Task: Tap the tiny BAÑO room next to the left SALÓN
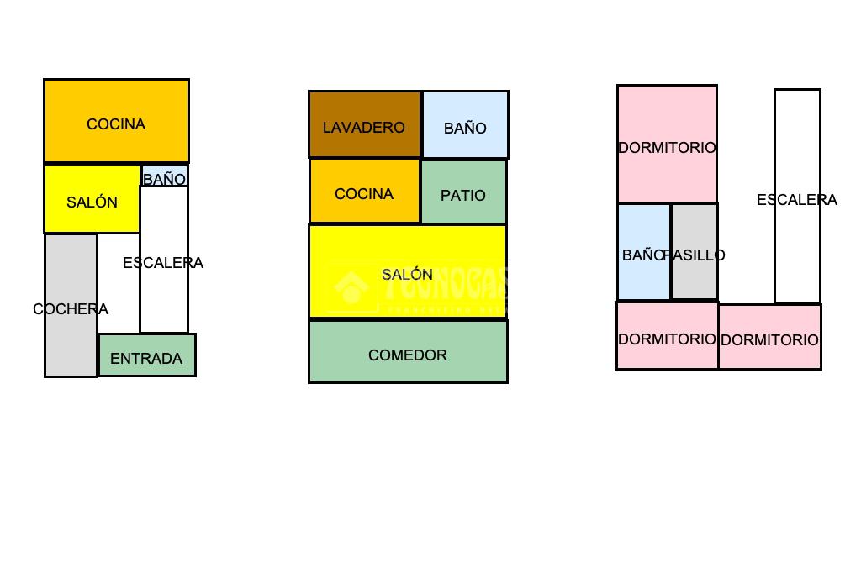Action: (165, 177)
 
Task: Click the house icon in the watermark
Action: (351, 287)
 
